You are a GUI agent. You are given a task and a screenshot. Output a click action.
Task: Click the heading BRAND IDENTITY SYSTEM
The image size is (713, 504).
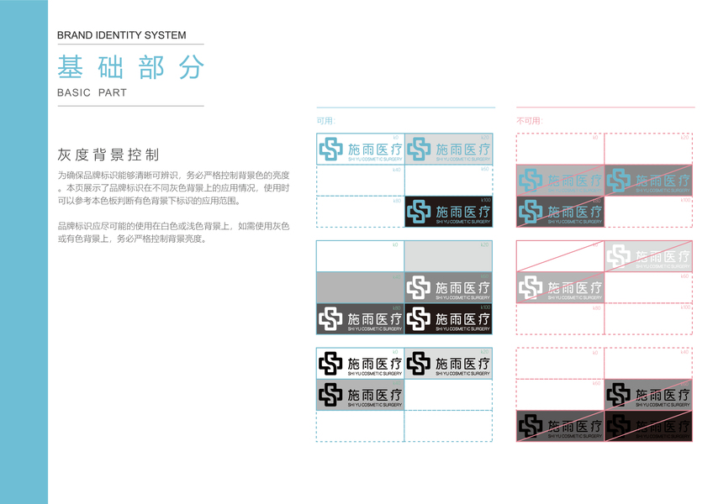[x=122, y=35]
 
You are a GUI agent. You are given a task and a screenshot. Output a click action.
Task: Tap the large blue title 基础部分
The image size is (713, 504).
[x=130, y=68]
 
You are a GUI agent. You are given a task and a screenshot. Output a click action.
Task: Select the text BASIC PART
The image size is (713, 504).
[x=92, y=92]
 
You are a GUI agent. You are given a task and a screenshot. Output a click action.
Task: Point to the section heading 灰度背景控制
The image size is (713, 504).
[x=108, y=155]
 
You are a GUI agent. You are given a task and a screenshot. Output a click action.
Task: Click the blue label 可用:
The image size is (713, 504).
[x=325, y=121]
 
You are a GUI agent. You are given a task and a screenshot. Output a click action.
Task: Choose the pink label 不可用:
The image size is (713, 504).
[x=530, y=121]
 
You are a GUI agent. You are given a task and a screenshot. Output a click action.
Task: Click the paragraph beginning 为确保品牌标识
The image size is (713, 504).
[x=173, y=187]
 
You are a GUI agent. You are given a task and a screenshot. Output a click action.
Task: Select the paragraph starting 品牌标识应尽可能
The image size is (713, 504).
[x=173, y=233]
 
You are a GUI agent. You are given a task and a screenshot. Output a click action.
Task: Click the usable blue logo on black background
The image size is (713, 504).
[x=448, y=212]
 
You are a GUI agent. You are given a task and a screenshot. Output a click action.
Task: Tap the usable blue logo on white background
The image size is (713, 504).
[x=360, y=150]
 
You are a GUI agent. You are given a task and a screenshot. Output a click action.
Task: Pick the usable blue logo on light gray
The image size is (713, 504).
[x=448, y=150]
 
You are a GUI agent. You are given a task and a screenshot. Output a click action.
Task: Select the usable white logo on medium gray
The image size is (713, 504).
[x=448, y=288]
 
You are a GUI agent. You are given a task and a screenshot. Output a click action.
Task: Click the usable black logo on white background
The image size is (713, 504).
[x=360, y=363]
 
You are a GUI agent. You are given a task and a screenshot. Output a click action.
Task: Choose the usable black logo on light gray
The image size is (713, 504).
[x=448, y=363]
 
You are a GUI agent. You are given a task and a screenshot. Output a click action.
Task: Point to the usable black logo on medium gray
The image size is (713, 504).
[x=360, y=394]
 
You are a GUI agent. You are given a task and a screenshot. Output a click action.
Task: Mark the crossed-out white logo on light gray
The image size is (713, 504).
[x=648, y=256]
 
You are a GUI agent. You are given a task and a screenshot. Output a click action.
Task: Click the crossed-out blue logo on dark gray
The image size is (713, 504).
[x=648, y=180]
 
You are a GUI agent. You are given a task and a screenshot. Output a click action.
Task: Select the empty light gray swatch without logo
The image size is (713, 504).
[x=448, y=256]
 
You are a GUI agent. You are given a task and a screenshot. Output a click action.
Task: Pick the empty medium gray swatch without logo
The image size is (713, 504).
[x=360, y=288]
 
